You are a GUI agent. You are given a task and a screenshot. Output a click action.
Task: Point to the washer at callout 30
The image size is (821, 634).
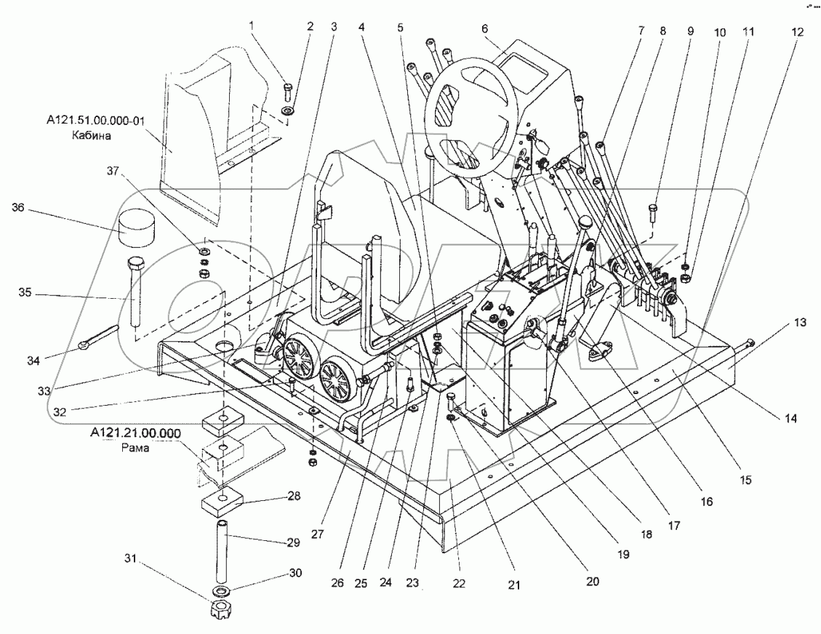pos(218,589)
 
